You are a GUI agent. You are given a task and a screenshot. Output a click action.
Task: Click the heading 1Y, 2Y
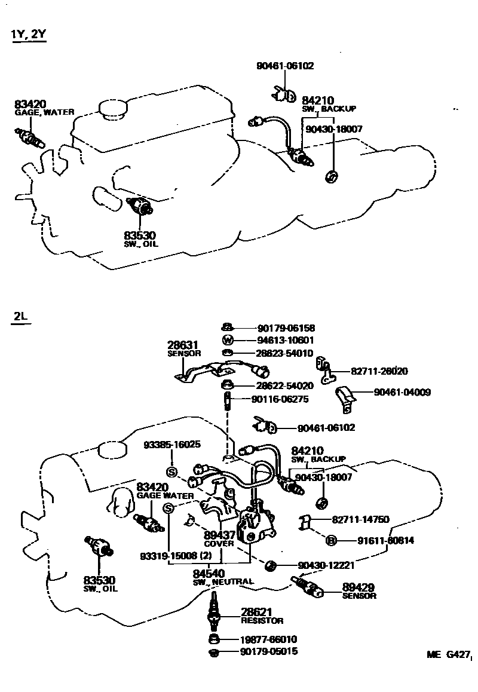(28, 34)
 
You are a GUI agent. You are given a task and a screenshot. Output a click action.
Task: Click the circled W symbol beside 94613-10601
(227, 340)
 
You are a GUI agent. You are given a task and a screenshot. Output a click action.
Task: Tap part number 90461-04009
(402, 393)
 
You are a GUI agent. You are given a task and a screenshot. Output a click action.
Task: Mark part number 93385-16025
(172, 445)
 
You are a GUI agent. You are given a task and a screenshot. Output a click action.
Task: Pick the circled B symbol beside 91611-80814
(331, 540)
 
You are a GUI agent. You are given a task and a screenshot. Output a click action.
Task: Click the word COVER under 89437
(219, 544)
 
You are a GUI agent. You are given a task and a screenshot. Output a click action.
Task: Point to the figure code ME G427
(447, 654)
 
